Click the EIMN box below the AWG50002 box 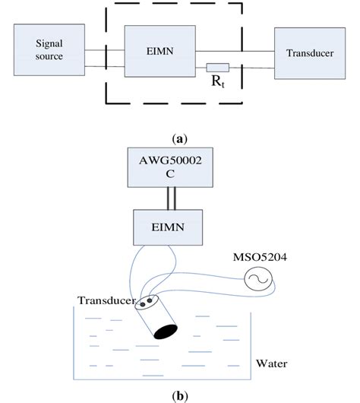(180, 227)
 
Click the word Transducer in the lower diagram (106, 300)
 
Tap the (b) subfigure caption (179, 394)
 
